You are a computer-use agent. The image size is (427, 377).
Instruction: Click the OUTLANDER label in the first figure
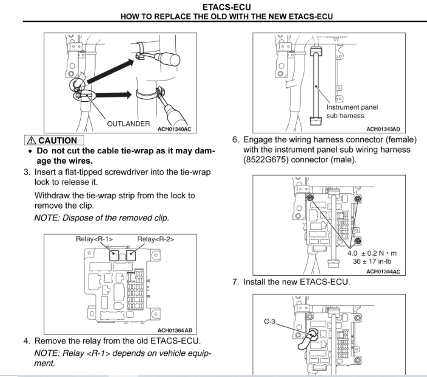128,123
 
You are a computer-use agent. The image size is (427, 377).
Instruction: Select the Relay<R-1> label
93,238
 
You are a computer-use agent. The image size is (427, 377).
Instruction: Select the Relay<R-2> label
155,238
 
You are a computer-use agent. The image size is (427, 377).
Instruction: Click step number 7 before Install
236,282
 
